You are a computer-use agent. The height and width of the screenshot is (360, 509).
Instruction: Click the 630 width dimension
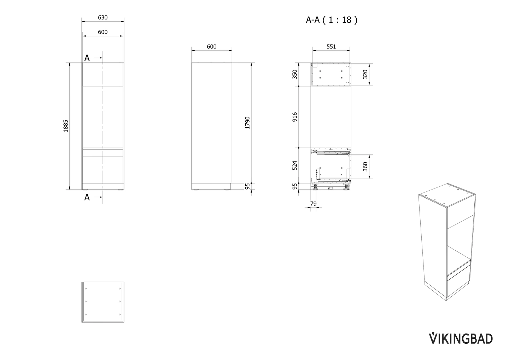[x=103, y=17]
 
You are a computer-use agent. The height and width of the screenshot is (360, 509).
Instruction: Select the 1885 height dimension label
[x=65, y=126]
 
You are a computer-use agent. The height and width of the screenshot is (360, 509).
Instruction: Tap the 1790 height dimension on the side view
[x=247, y=122]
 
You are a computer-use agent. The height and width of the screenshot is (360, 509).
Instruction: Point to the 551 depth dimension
[x=331, y=46]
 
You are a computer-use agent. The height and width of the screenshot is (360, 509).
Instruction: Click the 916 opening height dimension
[x=295, y=117]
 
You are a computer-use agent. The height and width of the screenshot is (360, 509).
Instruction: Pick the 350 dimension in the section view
[x=295, y=74]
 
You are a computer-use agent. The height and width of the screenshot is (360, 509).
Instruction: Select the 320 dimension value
[x=365, y=74]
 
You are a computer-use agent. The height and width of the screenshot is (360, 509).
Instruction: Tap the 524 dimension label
[x=295, y=166]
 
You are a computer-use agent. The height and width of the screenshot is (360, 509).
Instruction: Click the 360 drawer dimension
[x=365, y=166]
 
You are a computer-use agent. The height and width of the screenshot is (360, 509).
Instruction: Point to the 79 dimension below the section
[x=313, y=203]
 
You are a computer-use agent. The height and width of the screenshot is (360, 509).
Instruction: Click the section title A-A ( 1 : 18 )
[x=331, y=20]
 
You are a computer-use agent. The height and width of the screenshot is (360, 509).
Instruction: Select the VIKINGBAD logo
[x=461, y=338]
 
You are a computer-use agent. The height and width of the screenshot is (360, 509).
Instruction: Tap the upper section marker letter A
[x=87, y=58]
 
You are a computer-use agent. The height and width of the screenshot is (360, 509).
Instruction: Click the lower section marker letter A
[x=87, y=197]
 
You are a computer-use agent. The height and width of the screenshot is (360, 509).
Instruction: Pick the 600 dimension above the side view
[x=211, y=46]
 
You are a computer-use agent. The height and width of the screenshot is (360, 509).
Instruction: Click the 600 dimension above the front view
[x=103, y=32]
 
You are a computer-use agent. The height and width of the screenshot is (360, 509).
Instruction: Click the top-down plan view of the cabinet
[x=103, y=302]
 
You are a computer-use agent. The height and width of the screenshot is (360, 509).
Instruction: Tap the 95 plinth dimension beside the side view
[x=247, y=186]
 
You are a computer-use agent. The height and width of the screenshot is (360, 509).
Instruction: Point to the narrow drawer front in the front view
[x=103, y=152]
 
